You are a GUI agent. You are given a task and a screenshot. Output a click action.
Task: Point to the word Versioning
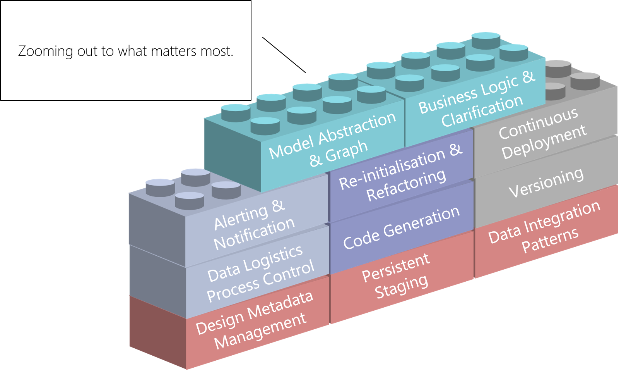point(546,183)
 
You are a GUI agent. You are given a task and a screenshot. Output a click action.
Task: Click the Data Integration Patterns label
point(544,229)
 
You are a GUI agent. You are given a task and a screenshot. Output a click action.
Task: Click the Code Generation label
point(401,229)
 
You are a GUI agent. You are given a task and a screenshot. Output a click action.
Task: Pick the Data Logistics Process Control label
point(260,274)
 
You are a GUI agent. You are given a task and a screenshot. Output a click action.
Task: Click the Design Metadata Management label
point(255,321)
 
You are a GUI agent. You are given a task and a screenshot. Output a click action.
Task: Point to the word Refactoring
point(406,185)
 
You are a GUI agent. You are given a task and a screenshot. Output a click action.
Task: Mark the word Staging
point(402,287)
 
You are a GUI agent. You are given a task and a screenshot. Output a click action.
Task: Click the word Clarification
point(482,112)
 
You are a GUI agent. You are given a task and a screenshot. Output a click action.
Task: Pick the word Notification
point(254,234)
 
